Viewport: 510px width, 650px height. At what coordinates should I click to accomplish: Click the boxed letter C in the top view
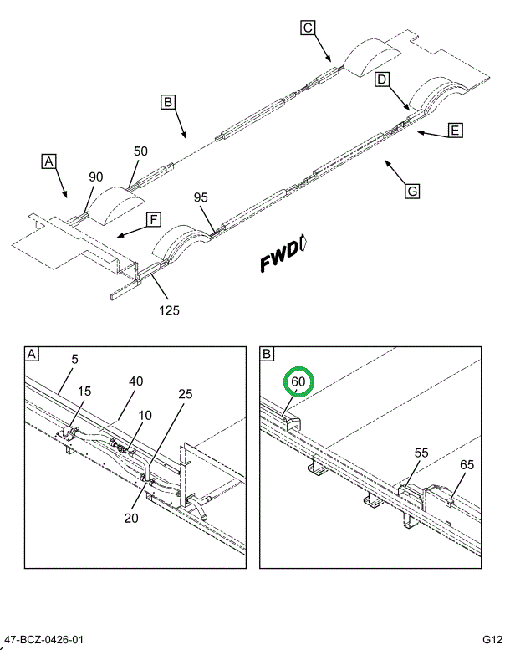[308, 28]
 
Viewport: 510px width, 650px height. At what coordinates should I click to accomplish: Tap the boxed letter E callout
[455, 130]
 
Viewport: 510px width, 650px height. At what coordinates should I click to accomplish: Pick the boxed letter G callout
[411, 192]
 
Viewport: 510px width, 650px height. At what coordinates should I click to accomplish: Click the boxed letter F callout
[153, 220]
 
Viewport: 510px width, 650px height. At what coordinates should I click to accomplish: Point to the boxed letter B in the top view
[168, 102]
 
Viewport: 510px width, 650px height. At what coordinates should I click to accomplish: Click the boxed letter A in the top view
[48, 160]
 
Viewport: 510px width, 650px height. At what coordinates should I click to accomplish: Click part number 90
[96, 177]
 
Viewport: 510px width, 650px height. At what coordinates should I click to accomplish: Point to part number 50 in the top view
[140, 151]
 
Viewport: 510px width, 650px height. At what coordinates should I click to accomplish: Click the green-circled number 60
[299, 382]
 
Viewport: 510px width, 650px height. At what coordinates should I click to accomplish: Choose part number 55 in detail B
[421, 453]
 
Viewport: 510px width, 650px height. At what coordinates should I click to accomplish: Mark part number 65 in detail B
[467, 464]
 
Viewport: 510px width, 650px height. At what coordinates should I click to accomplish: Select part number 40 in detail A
[135, 381]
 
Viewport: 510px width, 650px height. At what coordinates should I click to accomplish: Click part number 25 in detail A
[185, 393]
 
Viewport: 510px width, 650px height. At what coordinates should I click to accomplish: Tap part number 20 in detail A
[130, 517]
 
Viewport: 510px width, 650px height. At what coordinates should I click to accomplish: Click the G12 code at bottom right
[492, 640]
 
